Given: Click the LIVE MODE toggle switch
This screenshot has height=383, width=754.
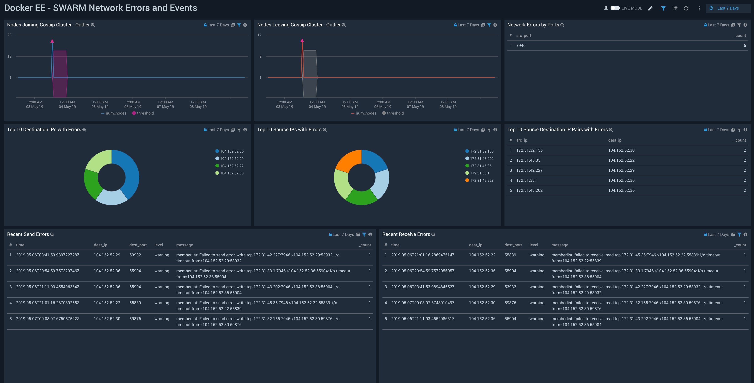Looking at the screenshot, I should pos(615,8).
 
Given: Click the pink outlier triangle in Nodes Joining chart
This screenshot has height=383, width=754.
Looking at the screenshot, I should pos(52,41).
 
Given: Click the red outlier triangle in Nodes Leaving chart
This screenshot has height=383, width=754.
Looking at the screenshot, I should pos(302,40).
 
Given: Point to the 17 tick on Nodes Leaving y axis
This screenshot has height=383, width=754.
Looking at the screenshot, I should pos(259,35).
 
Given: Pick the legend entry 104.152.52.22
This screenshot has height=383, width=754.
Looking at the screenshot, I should pos(232,166).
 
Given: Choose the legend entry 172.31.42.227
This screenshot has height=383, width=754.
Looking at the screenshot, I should pos(481,181).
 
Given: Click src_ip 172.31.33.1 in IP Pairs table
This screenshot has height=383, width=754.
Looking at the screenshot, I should pos(527,180).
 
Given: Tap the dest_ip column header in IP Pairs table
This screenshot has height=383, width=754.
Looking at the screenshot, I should pos(614,140).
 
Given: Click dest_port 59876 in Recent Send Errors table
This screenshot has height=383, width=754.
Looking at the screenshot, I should pos(135,319).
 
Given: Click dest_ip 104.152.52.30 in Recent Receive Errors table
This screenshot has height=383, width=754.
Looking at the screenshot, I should pos(482,303).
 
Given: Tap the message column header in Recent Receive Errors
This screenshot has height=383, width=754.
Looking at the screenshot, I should pos(559,245).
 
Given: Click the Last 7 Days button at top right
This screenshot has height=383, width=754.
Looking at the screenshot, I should pos(728,8).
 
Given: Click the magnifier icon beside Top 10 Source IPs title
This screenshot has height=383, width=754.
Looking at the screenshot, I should pos(325,130).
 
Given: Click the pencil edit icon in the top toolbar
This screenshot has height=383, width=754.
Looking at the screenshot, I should pos(650,8).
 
